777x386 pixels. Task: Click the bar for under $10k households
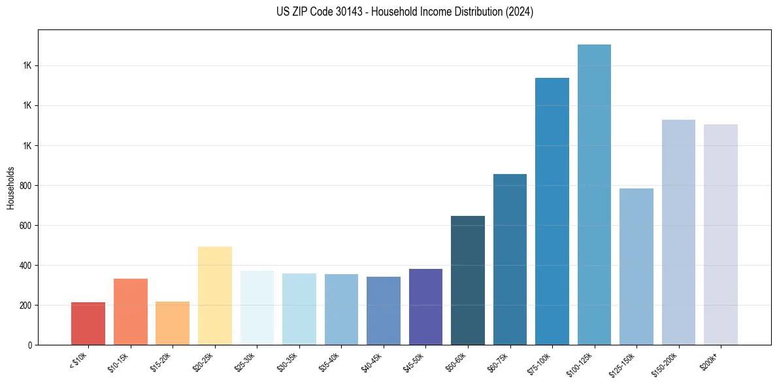point(88,324)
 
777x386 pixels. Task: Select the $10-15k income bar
point(131,312)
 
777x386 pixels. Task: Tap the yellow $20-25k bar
point(215,296)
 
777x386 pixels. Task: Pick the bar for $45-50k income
point(425,307)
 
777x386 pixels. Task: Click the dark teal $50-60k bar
point(468,281)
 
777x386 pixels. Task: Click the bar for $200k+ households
point(721,235)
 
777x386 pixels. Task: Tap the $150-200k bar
point(678,232)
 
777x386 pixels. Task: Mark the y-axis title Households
point(10,188)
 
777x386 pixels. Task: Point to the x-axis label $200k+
point(711,360)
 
